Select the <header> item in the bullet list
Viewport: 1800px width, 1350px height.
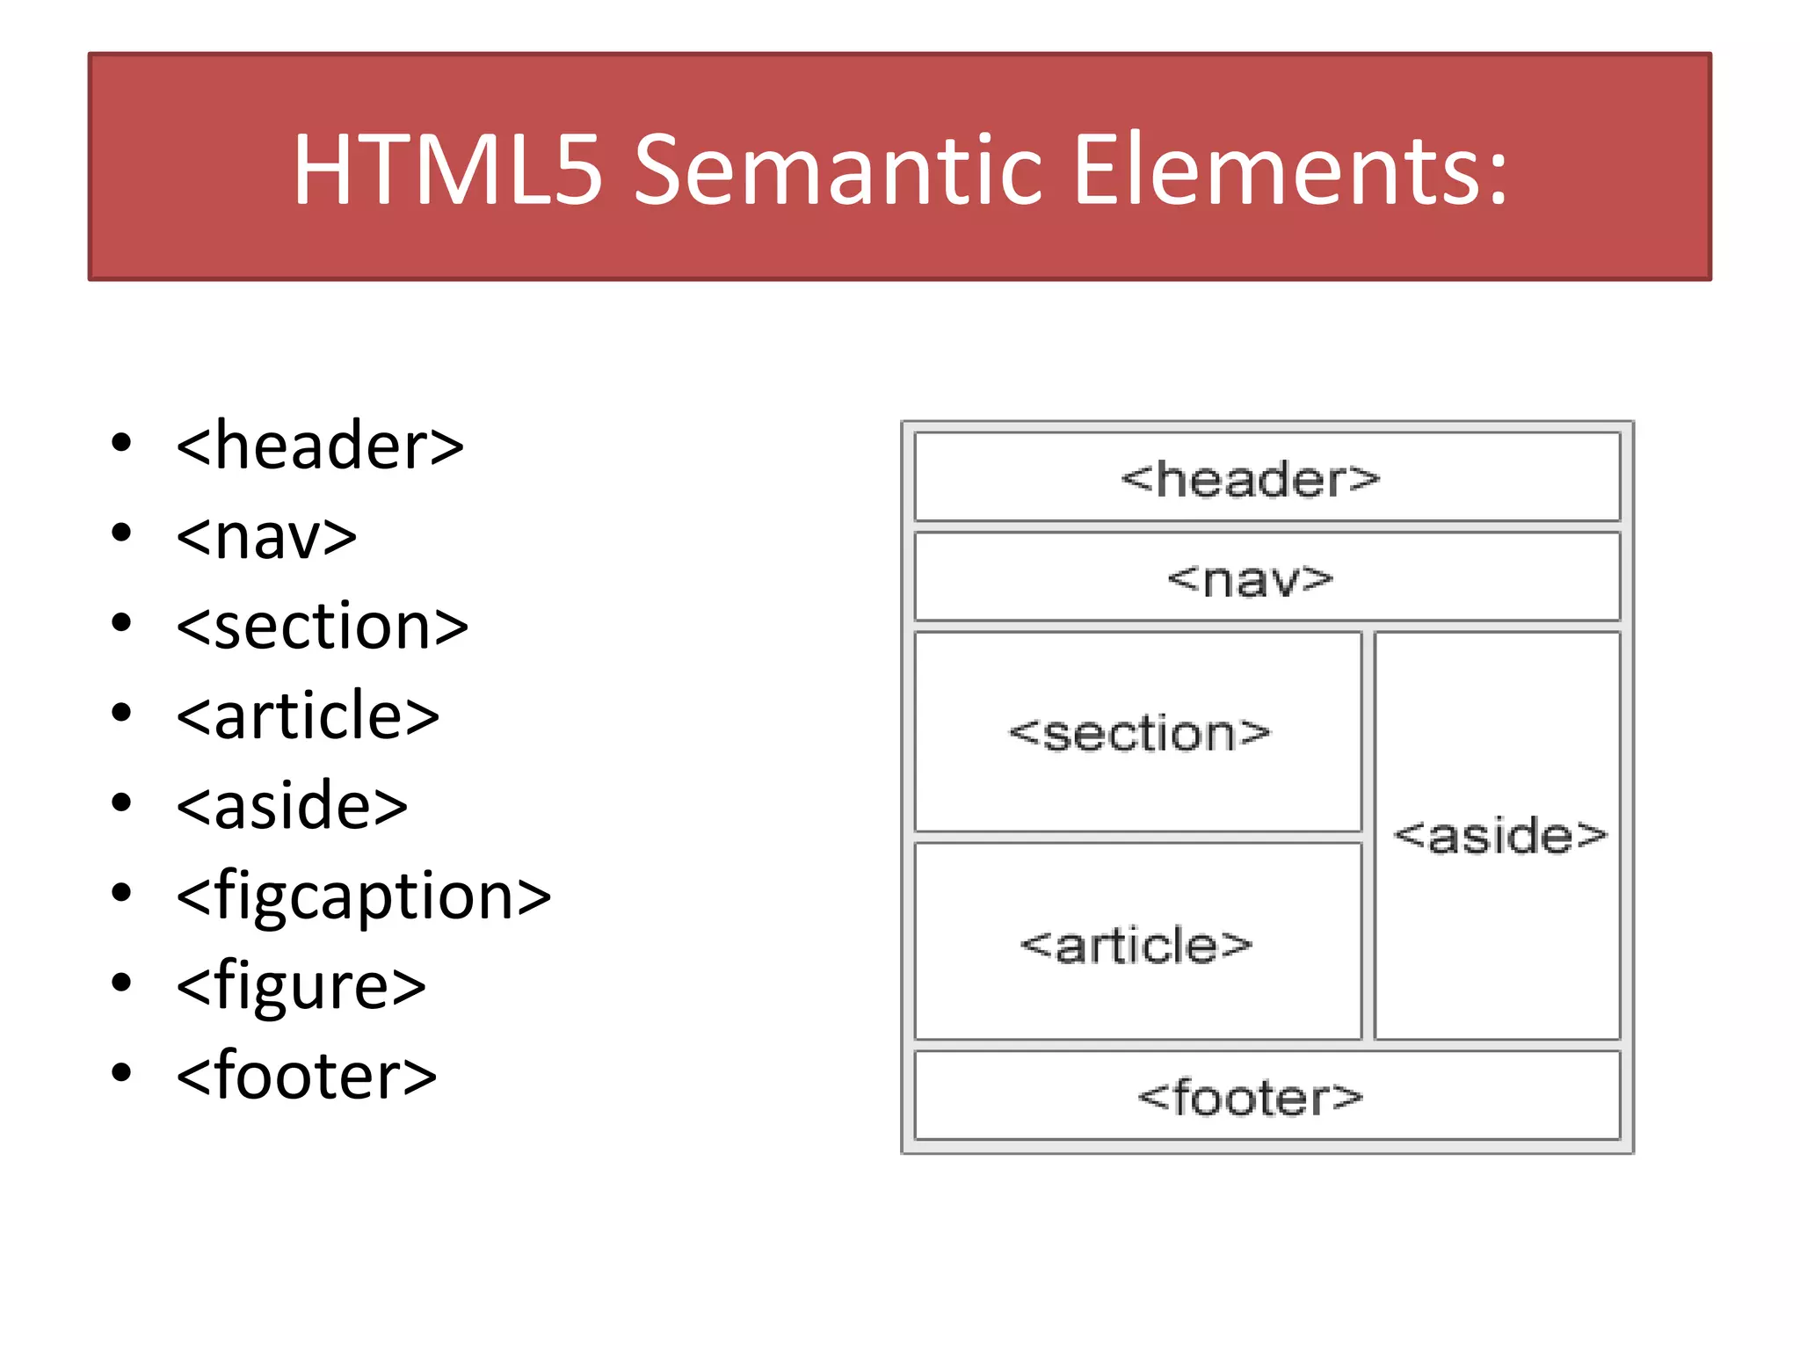point(320,446)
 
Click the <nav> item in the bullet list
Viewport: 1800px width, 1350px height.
point(266,536)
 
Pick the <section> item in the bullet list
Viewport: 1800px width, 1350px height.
point(322,627)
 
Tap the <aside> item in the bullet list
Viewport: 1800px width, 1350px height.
point(292,806)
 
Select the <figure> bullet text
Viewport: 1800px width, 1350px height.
point(301,986)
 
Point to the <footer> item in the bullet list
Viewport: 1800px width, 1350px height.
point(306,1076)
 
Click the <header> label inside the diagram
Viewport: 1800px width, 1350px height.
point(1250,480)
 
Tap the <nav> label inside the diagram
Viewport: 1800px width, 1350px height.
point(1250,580)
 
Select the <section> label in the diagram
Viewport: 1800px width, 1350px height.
point(1139,734)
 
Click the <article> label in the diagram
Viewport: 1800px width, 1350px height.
point(1136,946)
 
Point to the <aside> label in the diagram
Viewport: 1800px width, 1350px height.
point(1499,835)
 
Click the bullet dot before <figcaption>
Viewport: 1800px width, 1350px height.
point(121,893)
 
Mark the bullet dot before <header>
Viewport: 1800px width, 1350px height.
point(121,443)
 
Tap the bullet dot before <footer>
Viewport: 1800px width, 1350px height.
point(121,1072)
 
